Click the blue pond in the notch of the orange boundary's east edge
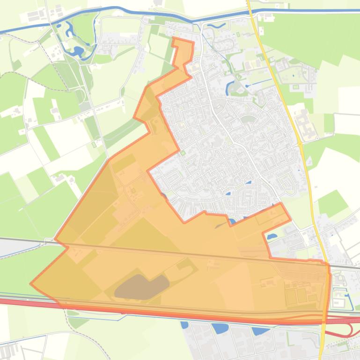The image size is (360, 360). pyautogui.click(x=272, y=236)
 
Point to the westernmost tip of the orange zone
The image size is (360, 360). pyautogui.click(x=31, y=283)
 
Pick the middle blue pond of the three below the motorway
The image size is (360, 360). pyautogui.click(x=218, y=328)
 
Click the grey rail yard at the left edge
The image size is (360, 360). pyautogui.click(x=7, y=248)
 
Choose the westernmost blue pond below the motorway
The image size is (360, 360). pyautogui.click(x=184, y=324)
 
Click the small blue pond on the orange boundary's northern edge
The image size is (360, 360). pyautogui.click(x=232, y=221)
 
